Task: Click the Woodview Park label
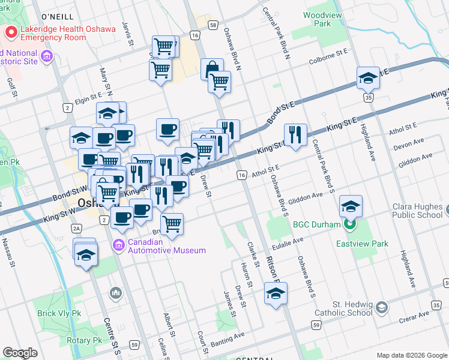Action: [316, 19]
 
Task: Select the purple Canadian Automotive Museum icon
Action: [118, 245]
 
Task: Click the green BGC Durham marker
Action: [351, 225]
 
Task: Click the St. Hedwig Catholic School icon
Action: [382, 307]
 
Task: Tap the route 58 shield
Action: [214, 25]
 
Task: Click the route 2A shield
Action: [76, 229]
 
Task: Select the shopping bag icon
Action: [212, 70]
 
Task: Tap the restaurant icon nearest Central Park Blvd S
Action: [294, 135]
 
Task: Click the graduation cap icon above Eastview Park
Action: [351, 206]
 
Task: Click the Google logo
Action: [20, 353]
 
